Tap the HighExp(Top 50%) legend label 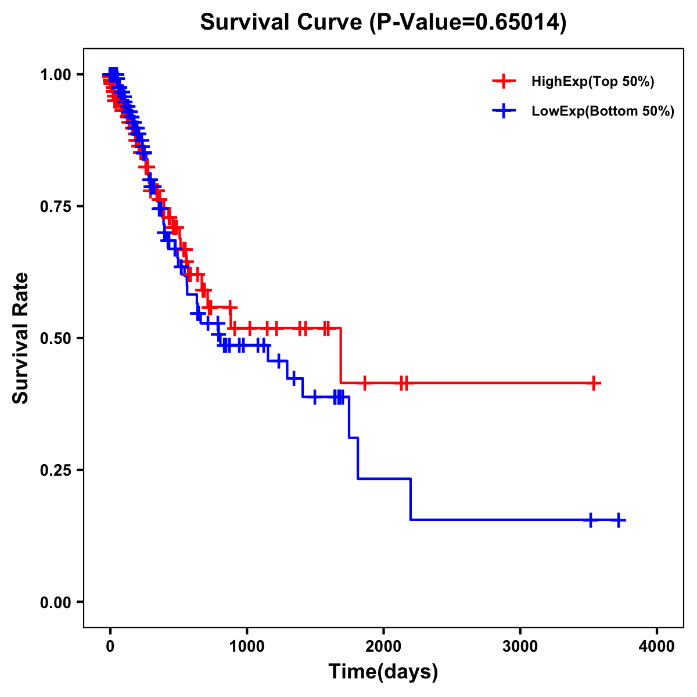(x=592, y=82)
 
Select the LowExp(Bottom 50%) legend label (x=602, y=112)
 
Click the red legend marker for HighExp (x=504, y=81)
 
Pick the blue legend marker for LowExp (x=504, y=111)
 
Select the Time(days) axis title (x=383, y=672)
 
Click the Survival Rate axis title (x=21, y=338)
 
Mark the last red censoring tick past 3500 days (x=594, y=383)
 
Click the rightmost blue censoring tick (x=619, y=520)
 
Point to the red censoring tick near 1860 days (x=364, y=383)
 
